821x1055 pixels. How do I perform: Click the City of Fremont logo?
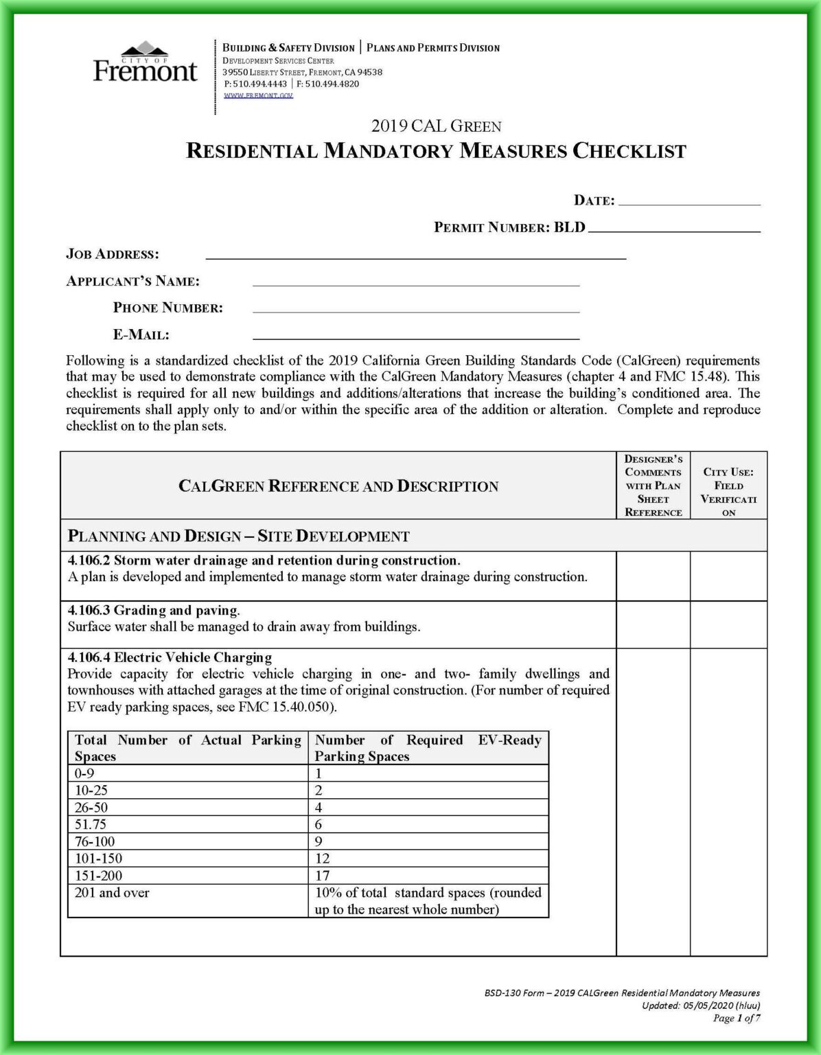coord(145,63)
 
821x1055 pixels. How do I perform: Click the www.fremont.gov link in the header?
coord(258,95)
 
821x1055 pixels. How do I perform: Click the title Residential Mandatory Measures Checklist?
coord(436,151)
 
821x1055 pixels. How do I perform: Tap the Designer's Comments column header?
coord(653,486)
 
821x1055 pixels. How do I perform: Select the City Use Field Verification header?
coord(728,492)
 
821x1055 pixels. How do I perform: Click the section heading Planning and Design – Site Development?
coord(238,536)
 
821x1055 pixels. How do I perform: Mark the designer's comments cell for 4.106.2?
coord(653,576)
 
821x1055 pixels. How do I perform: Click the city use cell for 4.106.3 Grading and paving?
coord(728,624)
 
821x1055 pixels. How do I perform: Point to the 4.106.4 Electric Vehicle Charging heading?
coord(170,657)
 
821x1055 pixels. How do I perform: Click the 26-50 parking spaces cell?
coord(92,808)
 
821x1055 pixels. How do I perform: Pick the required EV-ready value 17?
coord(323,876)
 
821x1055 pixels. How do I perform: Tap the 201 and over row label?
coord(112,893)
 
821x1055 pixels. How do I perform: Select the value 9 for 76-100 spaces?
coord(319,841)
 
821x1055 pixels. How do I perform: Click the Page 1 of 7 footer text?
coord(736,1018)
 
